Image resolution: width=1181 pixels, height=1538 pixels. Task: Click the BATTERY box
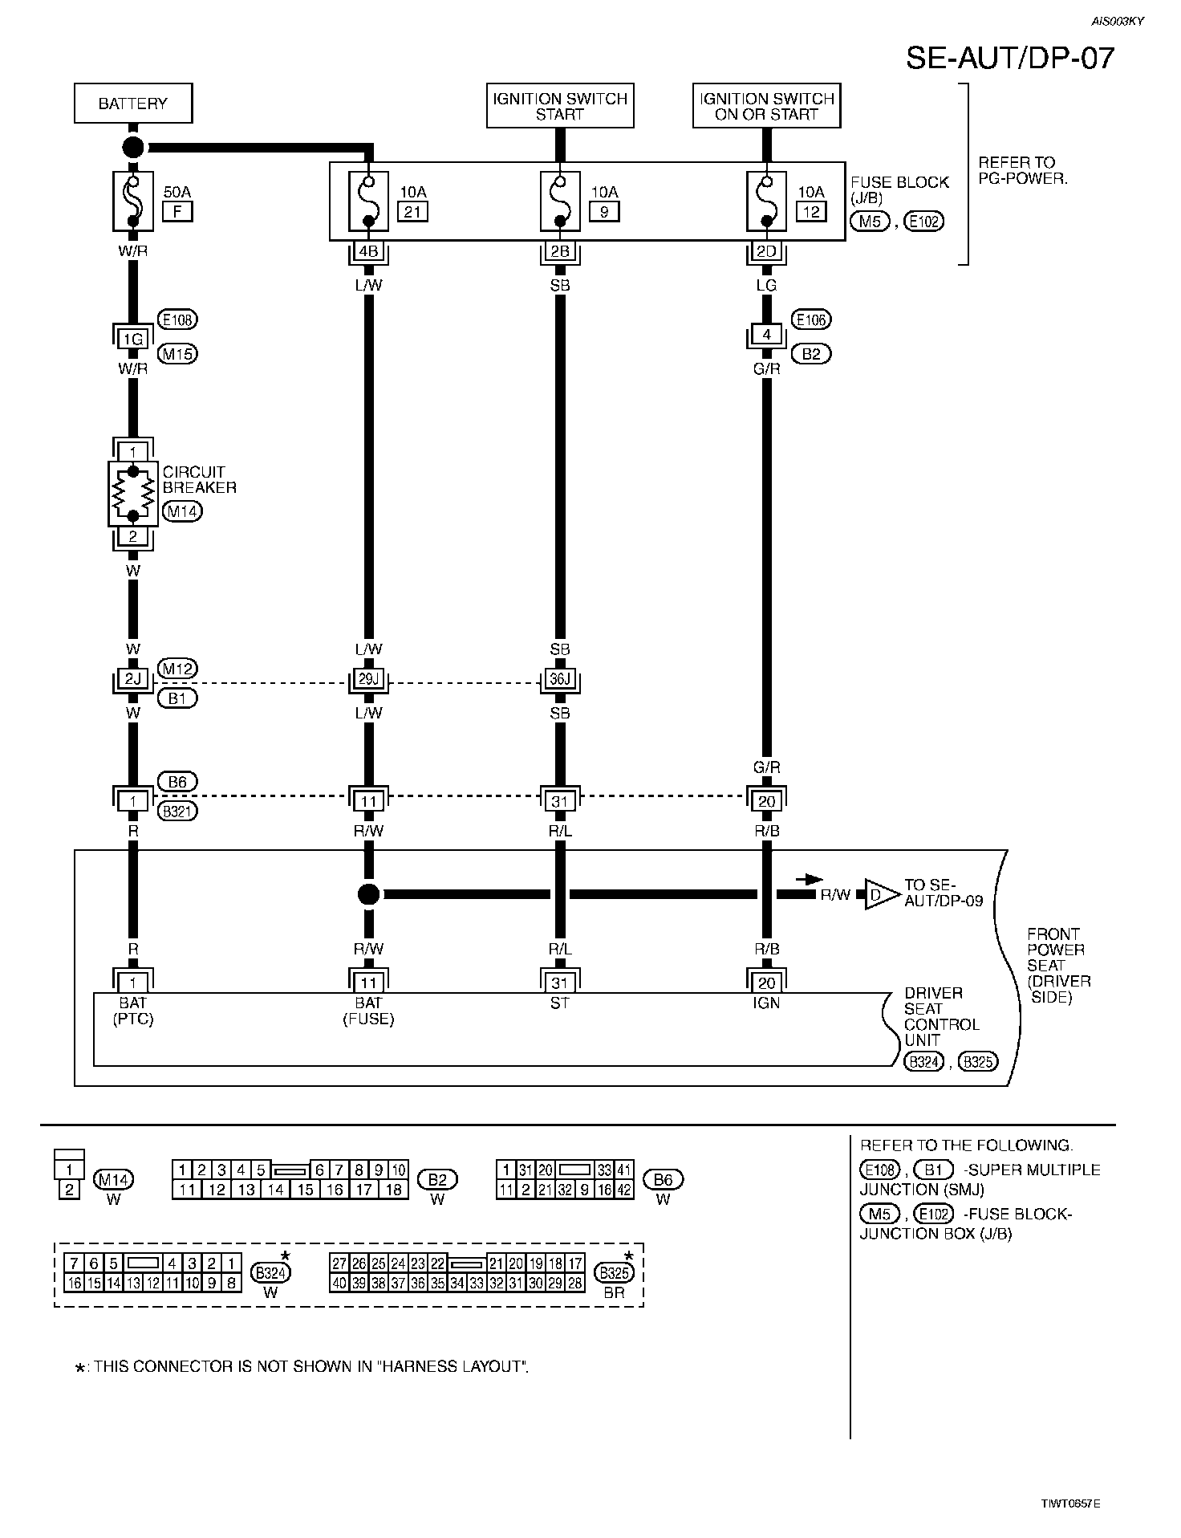(x=133, y=104)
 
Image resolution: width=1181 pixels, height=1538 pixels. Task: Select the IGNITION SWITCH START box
(x=560, y=106)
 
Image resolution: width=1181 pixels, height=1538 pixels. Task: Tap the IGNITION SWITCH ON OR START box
(x=766, y=106)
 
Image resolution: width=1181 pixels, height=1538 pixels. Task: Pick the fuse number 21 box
(x=413, y=212)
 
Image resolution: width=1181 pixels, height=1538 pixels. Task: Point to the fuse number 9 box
(x=603, y=212)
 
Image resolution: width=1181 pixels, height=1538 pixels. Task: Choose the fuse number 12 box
(x=810, y=212)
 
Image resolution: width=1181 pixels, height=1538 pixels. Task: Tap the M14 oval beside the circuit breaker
(x=182, y=511)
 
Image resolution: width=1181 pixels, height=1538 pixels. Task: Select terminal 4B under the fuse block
(x=368, y=252)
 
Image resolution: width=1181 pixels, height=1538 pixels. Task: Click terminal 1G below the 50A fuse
(x=133, y=339)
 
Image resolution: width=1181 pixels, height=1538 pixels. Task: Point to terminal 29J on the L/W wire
(x=368, y=681)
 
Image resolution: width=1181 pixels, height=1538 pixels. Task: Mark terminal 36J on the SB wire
(x=560, y=681)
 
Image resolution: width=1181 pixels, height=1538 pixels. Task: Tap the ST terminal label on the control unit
(x=560, y=1003)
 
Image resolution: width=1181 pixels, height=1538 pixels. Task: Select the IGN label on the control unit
(x=766, y=1003)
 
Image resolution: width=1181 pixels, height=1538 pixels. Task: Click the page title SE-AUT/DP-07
(x=1010, y=58)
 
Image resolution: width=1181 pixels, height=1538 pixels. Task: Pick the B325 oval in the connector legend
(x=614, y=1273)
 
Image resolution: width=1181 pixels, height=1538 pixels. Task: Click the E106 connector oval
(x=811, y=319)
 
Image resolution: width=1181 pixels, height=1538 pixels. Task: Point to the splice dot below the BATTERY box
(x=133, y=148)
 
